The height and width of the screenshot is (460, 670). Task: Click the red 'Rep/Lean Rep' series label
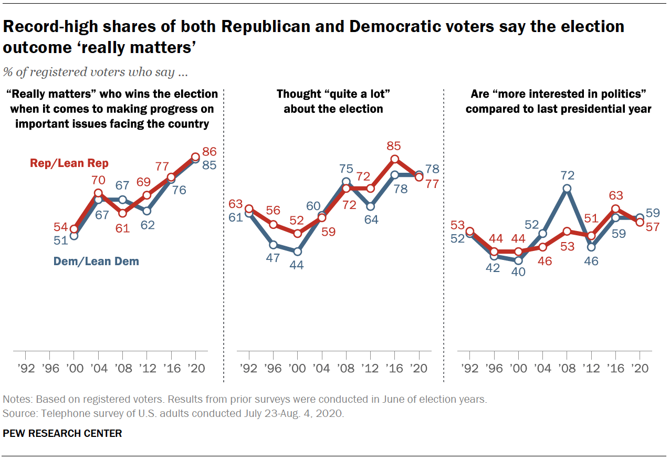point(69,163)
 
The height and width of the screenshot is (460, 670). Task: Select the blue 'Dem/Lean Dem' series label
point(96,261)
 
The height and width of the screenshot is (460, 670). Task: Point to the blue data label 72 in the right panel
point(567,175)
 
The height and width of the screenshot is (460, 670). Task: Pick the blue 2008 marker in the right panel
point(567,189)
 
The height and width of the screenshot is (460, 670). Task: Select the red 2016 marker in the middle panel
point(395,159)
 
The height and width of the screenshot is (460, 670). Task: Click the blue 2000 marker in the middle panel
point(297,252)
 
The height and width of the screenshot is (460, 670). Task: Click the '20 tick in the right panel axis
point(640,368)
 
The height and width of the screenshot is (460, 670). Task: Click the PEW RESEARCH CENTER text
point(62,433)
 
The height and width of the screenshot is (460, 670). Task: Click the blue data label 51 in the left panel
point(60,241)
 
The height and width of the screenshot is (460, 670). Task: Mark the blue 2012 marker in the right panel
point(591,247)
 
